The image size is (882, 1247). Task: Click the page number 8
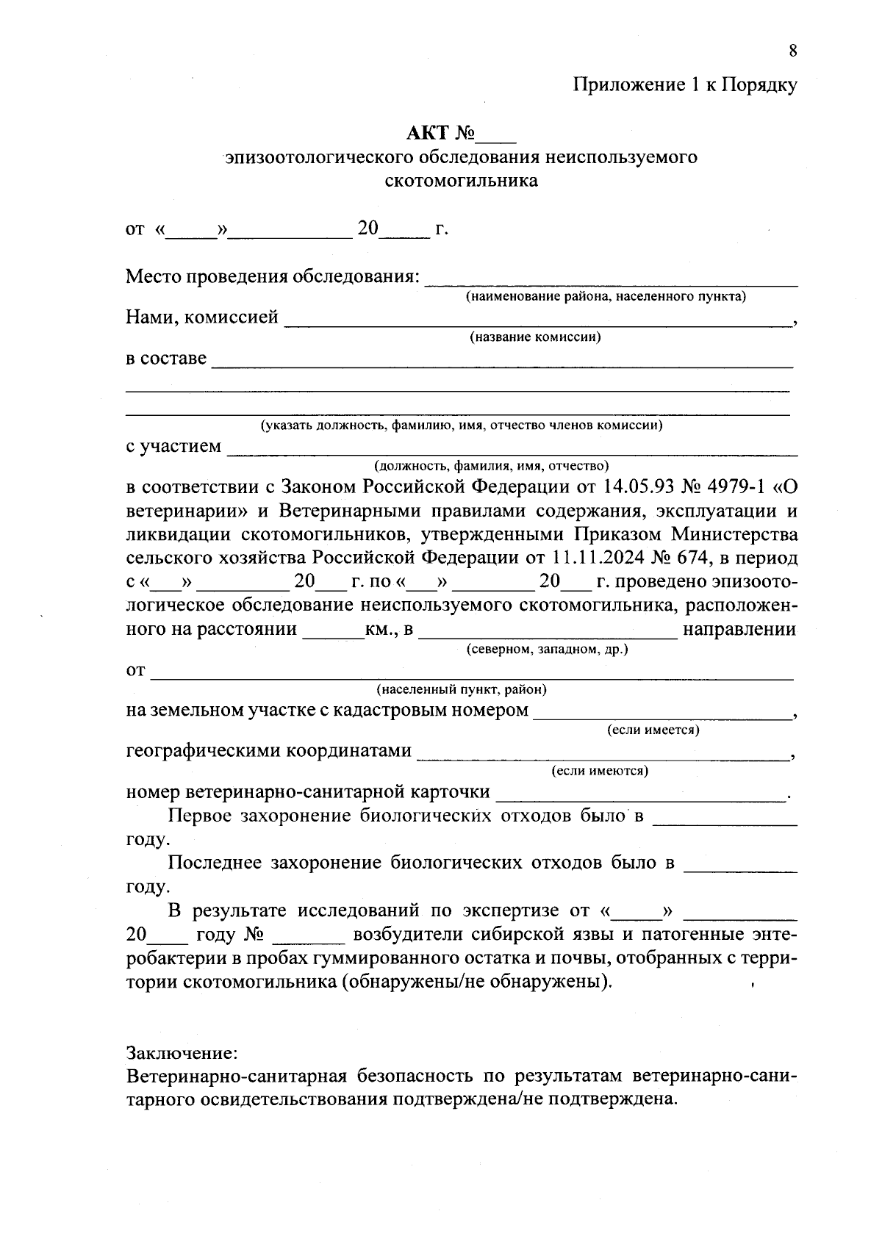tap(792, 51)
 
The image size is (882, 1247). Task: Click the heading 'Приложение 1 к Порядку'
tap(685, 85)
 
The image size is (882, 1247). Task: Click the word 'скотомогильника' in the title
tap(462, 181)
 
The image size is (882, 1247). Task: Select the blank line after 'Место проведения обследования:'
tap(612, 281)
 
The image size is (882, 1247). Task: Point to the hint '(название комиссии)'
tap(536, 337)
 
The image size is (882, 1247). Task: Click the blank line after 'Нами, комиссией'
tap(538, 321)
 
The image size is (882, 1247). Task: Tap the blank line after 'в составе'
tap(501, 362)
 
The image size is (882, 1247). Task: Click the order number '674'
tap(695, 558)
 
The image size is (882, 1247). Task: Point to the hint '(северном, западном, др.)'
tap(548, 650)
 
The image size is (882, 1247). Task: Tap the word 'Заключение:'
tap(182, 1053)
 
